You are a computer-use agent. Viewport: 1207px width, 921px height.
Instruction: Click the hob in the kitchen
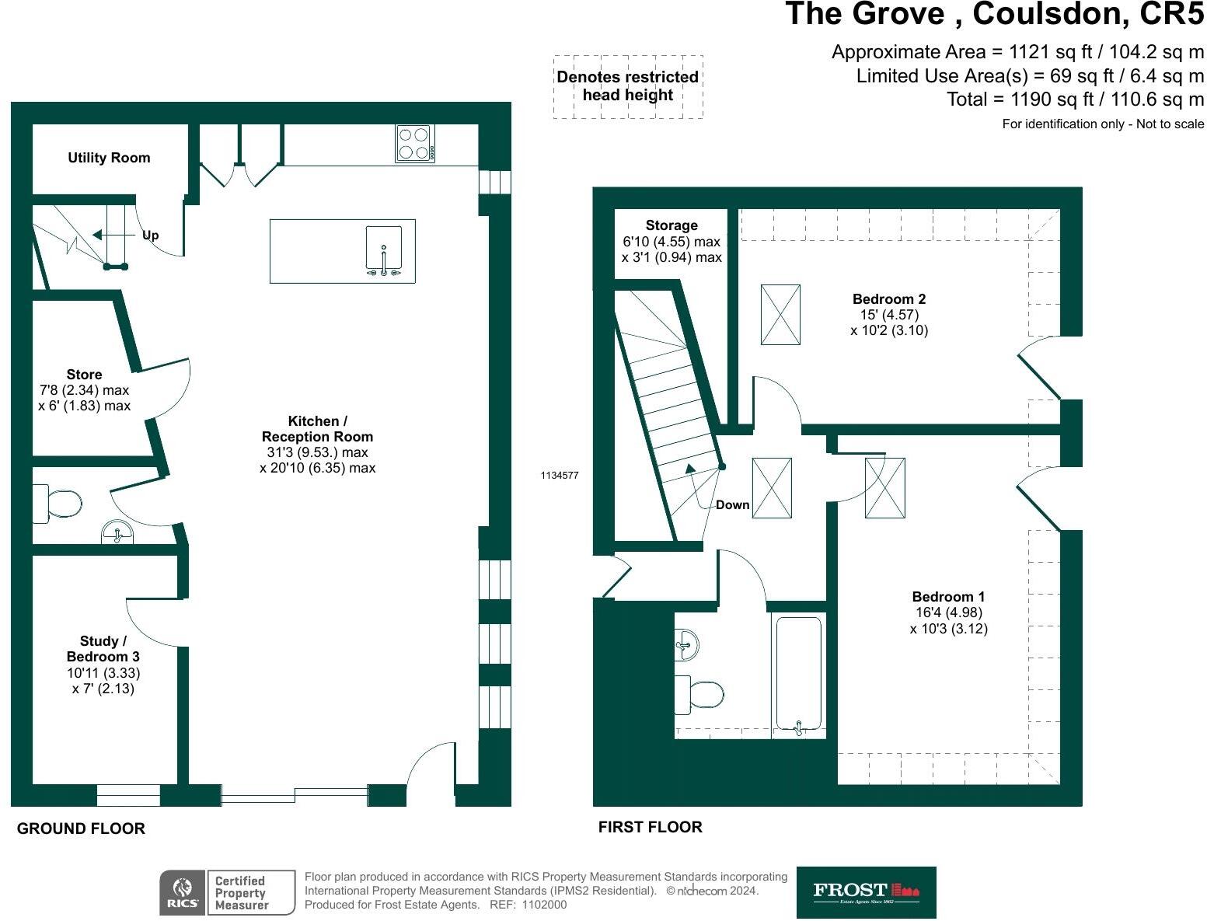(x=415, y=143)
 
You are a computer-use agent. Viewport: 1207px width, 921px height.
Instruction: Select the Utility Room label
(x=109, y=158)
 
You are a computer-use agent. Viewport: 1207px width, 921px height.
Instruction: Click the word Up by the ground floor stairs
(x=150, y=235)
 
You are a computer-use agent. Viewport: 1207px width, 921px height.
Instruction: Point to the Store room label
(x=84, y=375)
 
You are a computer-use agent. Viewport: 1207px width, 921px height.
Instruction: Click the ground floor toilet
(x=58, y=503)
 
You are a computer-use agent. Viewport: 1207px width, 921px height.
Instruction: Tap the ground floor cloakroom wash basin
(x=117, y=533)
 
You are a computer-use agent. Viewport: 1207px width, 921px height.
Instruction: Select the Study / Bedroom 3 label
(x=103, y=649)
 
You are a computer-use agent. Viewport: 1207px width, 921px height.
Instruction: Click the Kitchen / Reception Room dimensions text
(x=317, y=460)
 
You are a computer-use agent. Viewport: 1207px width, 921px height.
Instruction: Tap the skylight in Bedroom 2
(x=780, y=314)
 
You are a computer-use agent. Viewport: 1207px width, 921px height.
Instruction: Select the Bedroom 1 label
(x=948, y=597)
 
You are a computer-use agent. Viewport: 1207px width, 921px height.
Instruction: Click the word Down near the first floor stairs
(x=732, y=505)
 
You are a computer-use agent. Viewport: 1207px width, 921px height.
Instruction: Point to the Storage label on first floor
(x=672, y=225)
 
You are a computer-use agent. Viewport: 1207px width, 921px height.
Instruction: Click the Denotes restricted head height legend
(x=628, y=86)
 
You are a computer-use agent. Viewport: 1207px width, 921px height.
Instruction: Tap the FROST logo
(x=866, y=892)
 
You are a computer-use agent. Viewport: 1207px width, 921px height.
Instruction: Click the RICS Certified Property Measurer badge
(x=228, y=892)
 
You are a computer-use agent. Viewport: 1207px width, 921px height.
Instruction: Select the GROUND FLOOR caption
(x=81, y=829)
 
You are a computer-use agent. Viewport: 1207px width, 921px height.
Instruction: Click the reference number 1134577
(x=560, y=476)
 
